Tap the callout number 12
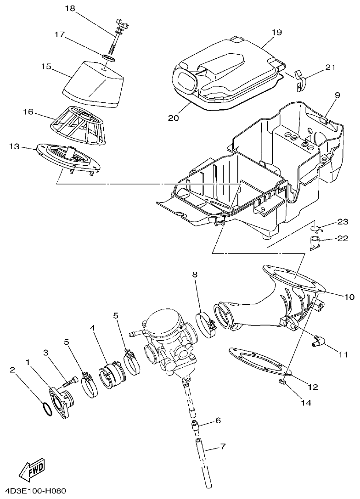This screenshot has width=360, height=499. (x=313, y=387)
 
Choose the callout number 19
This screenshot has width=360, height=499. (x=276, y=33)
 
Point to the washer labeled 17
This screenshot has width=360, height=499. (x=108, y=58)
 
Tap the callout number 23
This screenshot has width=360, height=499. (x=343, y=222)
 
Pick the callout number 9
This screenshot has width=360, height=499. (x=337, y=95)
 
